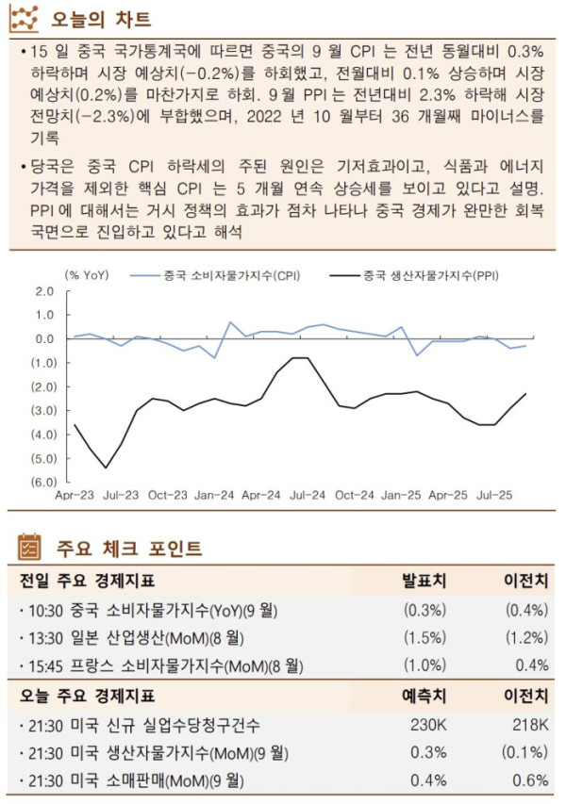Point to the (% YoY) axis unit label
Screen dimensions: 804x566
[86, 275]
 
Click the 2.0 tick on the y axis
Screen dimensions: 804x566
[44, 291]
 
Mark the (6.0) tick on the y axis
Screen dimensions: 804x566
[42, 482]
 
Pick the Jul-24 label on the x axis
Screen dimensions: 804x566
[309, 494]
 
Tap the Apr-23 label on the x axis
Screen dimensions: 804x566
[75, 494]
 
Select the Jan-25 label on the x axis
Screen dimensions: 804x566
[401, 494]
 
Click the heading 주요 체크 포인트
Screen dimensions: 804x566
[128, 547]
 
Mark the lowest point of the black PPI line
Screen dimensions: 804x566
[106, 468]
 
